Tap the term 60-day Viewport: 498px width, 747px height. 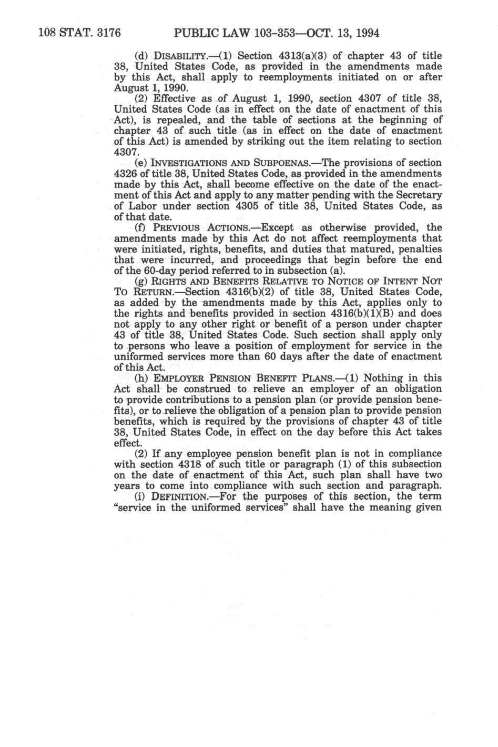pos(147,271)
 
